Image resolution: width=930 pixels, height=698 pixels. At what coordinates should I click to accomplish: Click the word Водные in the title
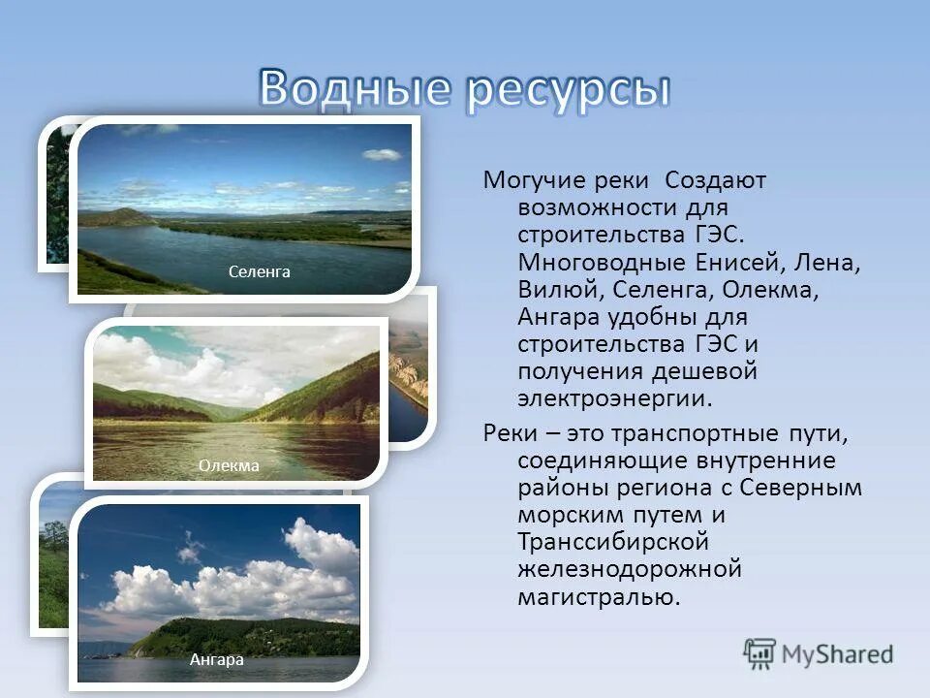(x=355, y=89)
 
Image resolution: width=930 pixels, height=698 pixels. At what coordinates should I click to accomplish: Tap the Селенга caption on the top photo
(x=260, y=272)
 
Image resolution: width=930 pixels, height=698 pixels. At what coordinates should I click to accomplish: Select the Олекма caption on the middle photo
(x=230, y=465)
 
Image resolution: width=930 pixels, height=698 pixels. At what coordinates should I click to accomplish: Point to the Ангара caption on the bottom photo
(x=217, y=659)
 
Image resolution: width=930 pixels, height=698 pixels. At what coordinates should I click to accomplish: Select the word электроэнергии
(x=614, y=398)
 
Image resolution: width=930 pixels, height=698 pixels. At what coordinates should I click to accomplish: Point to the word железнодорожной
(x=629, y=568)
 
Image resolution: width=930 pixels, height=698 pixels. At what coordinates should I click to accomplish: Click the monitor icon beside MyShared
(x=760, y=653)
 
